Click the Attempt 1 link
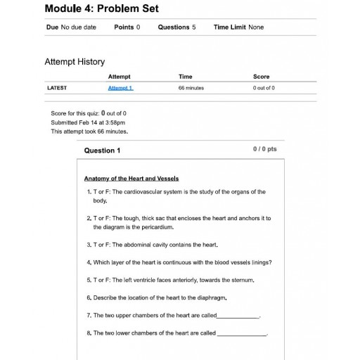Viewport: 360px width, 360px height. click(x=120, y=88)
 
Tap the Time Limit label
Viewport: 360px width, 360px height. click(x=230, y=27)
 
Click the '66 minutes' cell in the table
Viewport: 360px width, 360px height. click(x=191, y=88)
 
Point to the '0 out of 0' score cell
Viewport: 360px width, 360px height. click(x=264, y=88)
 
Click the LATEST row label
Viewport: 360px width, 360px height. click(x=56, y=88)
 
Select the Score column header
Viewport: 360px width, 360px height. click(x=261, y=77)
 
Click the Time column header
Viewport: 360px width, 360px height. click(x=186, y=77)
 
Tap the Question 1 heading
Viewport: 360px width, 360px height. click(x=102, y=150)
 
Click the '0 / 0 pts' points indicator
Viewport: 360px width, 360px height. click(x=264, y=149)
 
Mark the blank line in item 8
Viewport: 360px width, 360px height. click(x=242, y=333)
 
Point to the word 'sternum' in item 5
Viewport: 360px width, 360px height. click(x=241, y=280)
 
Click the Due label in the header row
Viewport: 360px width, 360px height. click(x=52, y=27)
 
